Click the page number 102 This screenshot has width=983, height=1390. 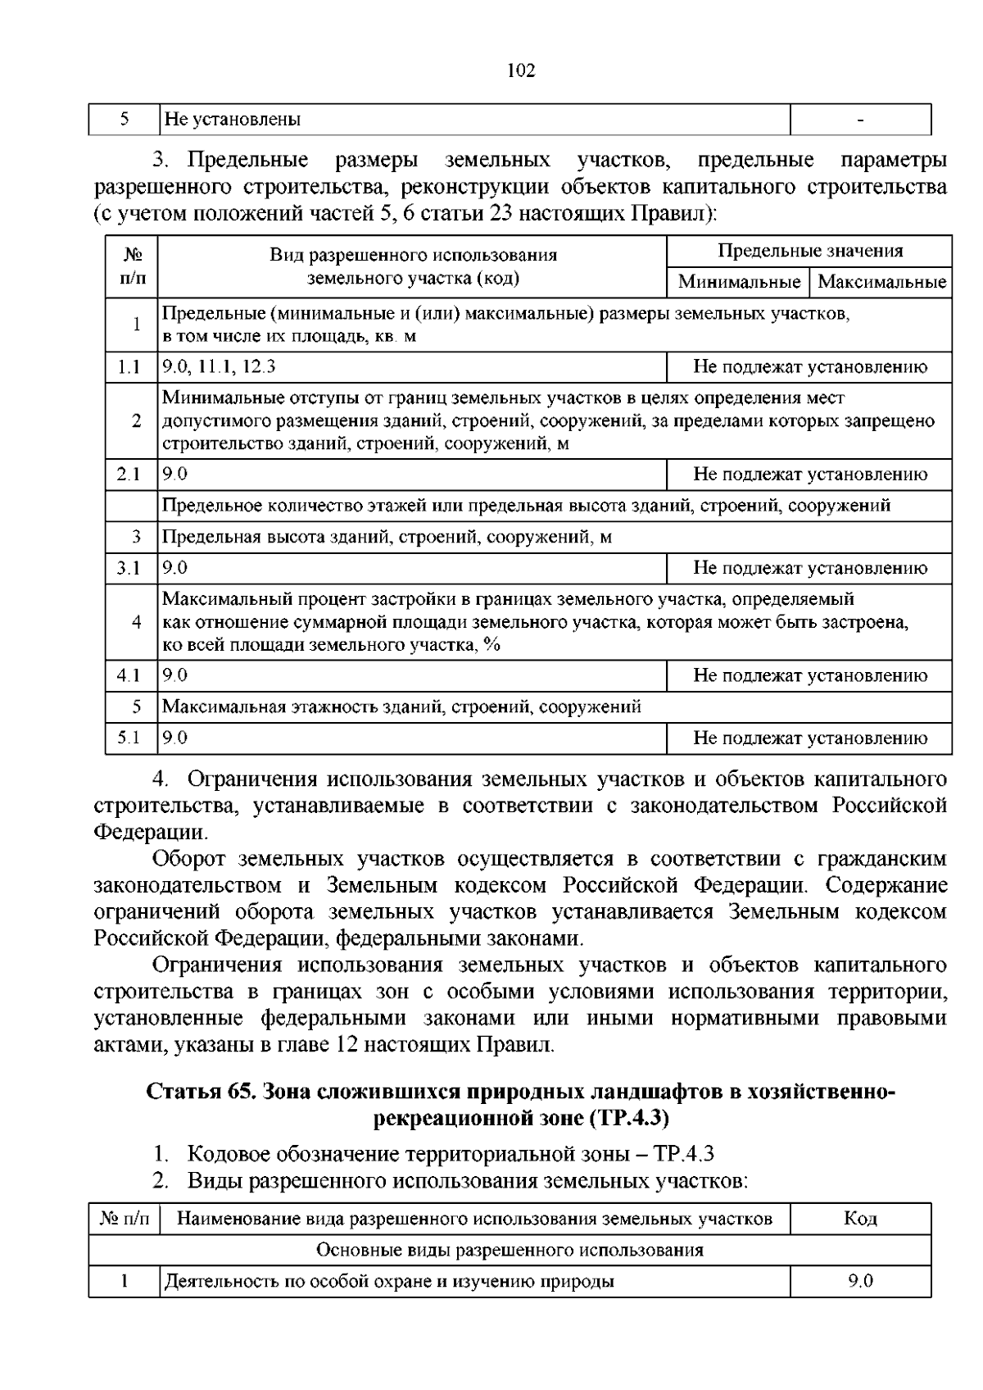click(x=521, y=70)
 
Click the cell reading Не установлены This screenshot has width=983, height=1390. click(x=233, y=120)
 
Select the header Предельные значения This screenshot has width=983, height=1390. click(x=809, y=251)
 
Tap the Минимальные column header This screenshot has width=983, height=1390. click(x=738, y=282)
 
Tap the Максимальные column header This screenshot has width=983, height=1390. click(x=881, y=282)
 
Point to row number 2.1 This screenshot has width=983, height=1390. click(x=129, y=474)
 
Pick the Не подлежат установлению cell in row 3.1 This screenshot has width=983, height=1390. click(x=809, y=568)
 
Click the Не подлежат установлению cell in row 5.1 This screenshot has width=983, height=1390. click(x=809, y=738)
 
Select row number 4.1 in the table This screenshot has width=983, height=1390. click(x=129, y=675)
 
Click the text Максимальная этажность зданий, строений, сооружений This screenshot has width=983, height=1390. click(x=401, y=706)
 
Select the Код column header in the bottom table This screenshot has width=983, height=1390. click(x=860, y=1219)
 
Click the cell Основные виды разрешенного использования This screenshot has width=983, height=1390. click(x=510, y=1250)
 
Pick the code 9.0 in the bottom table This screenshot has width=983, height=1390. click(x=860, y=1281)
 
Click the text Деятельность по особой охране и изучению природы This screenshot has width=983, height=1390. click(x=389, y=1281)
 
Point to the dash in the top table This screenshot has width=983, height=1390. click(x=860, y=120)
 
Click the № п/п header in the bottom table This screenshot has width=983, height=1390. click(x=125, y=1219)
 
